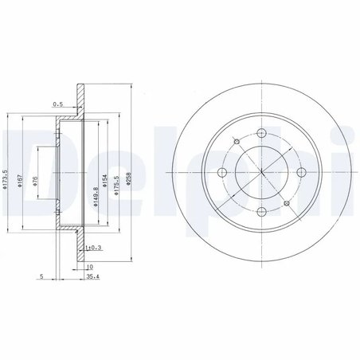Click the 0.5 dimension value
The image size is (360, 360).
point(57,104)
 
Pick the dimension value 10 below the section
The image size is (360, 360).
point(91,267)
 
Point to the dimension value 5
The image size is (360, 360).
point(39,278)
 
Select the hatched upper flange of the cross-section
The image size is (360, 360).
point(79,100)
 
